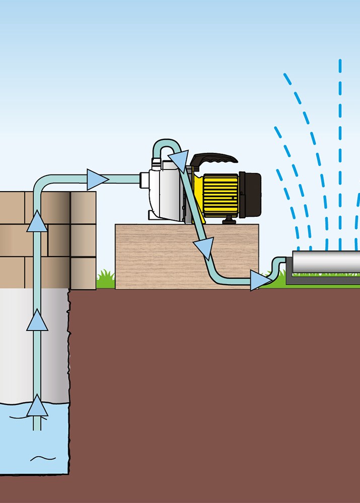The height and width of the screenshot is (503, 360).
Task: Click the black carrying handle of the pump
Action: (214, 158)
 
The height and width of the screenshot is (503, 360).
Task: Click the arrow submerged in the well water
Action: (37, 406)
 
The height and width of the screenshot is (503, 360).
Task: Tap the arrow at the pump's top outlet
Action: (177, 159)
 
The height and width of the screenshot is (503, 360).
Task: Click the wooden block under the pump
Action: (151, 257)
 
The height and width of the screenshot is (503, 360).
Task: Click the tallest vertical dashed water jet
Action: (340, 151)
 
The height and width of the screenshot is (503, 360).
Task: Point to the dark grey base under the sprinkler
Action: (322, 280)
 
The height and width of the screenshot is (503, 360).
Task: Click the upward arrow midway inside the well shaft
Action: (37, 320)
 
